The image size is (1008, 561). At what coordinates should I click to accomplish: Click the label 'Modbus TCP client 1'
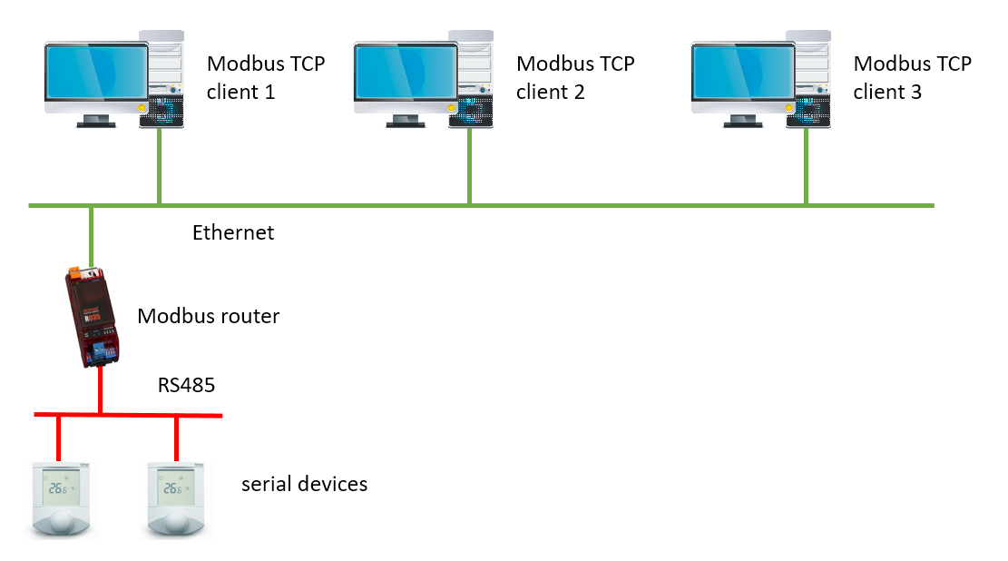265,77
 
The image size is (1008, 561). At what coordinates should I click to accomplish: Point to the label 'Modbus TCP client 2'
574,77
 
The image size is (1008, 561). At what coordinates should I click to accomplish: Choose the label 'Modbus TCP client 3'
912,77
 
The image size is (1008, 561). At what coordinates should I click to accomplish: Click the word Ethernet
233,232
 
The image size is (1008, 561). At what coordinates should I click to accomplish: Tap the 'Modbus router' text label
208,316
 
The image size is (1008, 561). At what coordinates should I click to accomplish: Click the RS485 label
186,385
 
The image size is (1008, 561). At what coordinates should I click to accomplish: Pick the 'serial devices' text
304,484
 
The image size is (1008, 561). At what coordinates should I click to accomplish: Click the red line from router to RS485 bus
99,390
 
